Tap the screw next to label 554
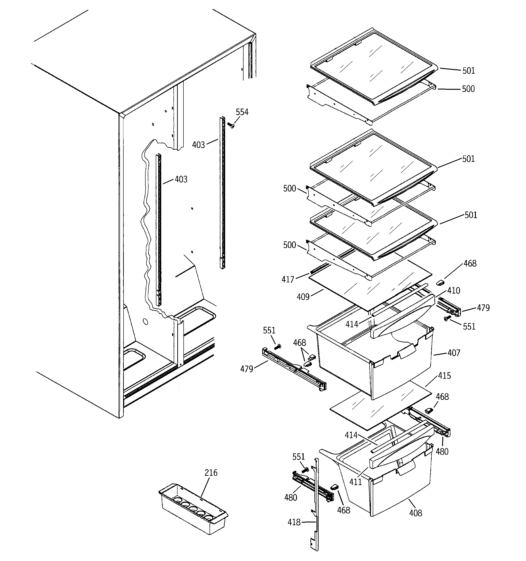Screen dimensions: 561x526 231,125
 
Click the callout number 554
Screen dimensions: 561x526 242,112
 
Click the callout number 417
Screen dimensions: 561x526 288,279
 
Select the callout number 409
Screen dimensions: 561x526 303,297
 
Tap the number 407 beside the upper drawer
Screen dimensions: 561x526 454,353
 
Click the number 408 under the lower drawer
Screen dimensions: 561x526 416,513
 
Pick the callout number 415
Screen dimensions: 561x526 444,376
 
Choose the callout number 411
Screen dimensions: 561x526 356,482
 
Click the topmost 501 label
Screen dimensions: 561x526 469,70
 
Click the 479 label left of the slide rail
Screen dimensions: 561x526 246,369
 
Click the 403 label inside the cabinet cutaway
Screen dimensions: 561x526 181,180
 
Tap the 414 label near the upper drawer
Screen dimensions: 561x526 352,325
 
